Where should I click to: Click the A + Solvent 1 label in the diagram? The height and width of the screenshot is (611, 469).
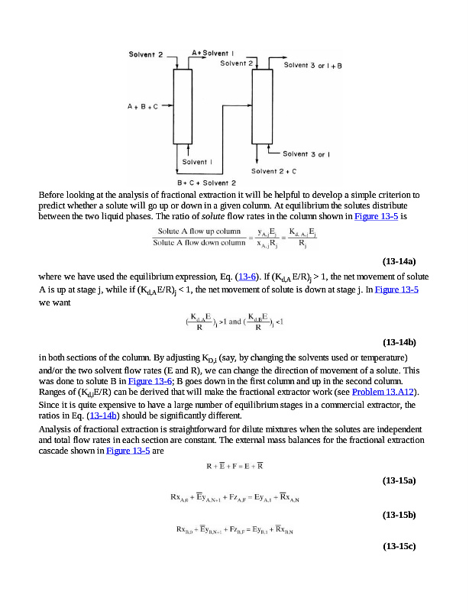213,53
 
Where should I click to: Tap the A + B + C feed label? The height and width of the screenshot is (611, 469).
142,107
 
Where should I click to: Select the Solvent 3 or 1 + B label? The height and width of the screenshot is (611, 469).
313,66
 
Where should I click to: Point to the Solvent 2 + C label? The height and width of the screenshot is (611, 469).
273,171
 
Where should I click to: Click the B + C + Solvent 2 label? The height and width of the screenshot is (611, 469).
206,183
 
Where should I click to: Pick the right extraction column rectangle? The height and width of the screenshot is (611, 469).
263,108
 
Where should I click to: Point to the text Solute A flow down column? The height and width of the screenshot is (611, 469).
199,244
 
